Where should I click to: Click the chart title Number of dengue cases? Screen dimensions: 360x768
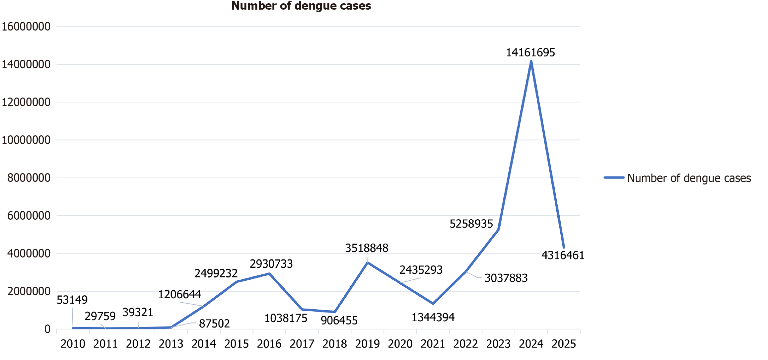pos(301,6)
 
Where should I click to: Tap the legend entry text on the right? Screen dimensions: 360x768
pos(689,178)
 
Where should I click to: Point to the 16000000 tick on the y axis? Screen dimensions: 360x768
pos(26,27)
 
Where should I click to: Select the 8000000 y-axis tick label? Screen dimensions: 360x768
pos(29,178)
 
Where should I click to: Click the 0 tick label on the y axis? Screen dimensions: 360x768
pos(47,329)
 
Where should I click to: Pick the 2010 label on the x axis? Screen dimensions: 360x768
pos(73,344)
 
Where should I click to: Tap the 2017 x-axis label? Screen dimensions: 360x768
pos(302,344)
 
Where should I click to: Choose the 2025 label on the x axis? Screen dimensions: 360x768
pos(564,344)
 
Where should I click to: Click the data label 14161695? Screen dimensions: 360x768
pos(530,53)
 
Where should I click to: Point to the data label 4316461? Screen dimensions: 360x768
pos(563,255)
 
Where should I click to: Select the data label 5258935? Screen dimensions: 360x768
pos(471,224)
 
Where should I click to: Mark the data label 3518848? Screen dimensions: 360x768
pos(367,248)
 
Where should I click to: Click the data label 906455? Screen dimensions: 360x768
pos(339,321)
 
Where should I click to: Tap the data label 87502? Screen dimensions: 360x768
pos(214,324)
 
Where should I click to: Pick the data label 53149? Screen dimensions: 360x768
pos(72,300)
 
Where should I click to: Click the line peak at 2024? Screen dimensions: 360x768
pos(531,62)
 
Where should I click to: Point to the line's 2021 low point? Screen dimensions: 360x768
pos(433,304)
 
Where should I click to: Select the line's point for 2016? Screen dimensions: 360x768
pos(269,274)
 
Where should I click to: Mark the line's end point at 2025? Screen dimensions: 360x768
pos(564,248)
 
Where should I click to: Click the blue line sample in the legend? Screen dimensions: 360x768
pos(614,178)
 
